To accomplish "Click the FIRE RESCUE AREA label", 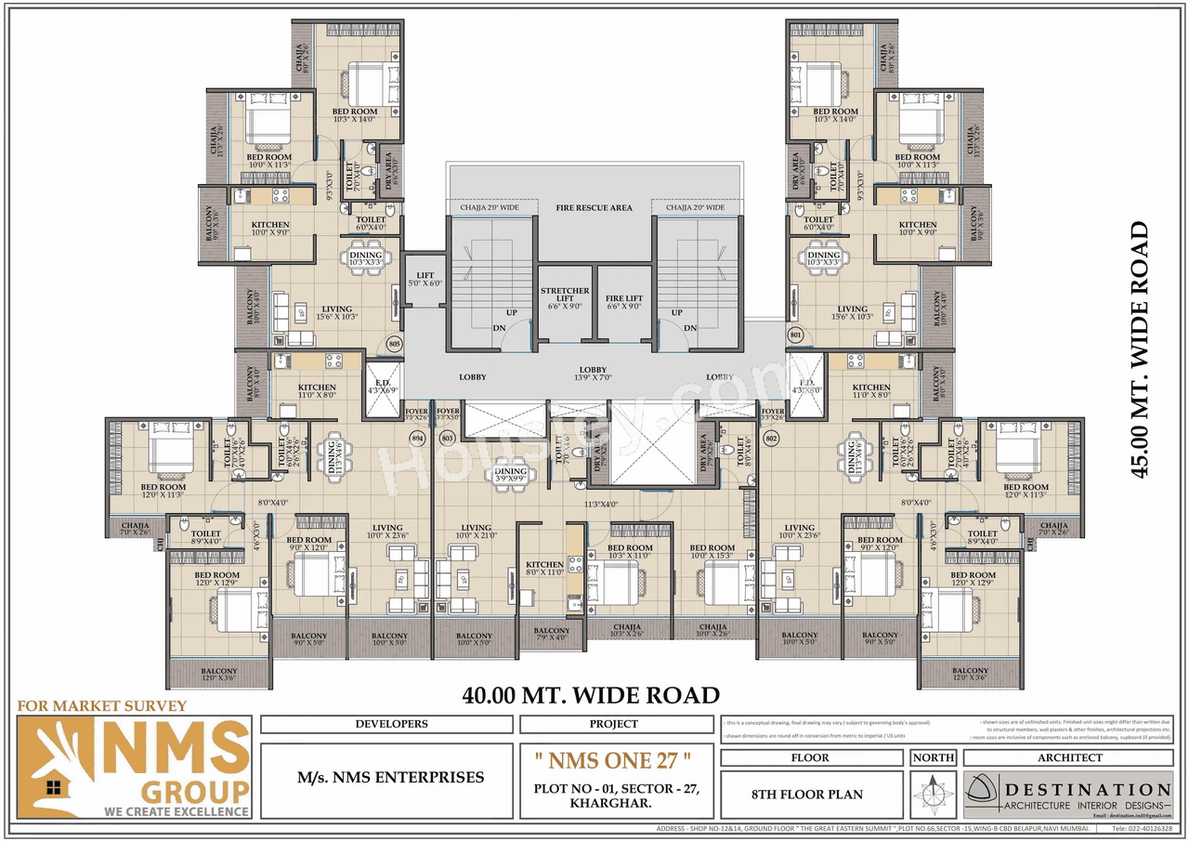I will pos(594,208).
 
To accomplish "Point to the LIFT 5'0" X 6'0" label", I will pos(425,280).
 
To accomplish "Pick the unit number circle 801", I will pos(795,334).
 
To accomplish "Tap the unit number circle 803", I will pos(447,437).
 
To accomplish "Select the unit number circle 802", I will pos(770,437).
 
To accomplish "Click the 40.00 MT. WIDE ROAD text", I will pos(591,695).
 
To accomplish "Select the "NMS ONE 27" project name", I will pos(613,760).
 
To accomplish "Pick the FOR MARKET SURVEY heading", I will pos(102,706).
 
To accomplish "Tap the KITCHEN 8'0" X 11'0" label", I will pos(544,569).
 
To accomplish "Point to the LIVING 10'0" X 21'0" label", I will pos(476,532).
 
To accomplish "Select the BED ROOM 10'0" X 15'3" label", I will pos(712,553).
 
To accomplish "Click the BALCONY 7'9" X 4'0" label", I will pos(552,634).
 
